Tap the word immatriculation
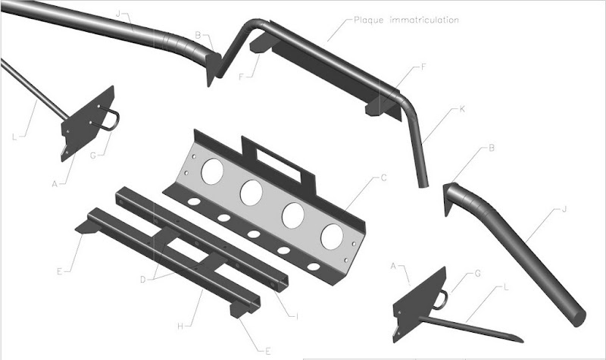(424, 20)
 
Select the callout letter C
(383, 178)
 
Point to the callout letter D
(143, 280)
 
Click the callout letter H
(180, 327)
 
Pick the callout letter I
(297, 317)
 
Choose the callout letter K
(462, 109)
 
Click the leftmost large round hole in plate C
(212, 171)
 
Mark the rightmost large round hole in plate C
(332, 236)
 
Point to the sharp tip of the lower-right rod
(523, 342)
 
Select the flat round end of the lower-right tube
(578, 318)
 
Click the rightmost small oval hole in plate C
(313, 267)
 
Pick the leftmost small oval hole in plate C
(195, 202)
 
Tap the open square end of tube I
(283, 284)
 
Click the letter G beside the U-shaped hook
(92, 155)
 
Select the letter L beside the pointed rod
(506, 287)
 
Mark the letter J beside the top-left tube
(118, 14)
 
